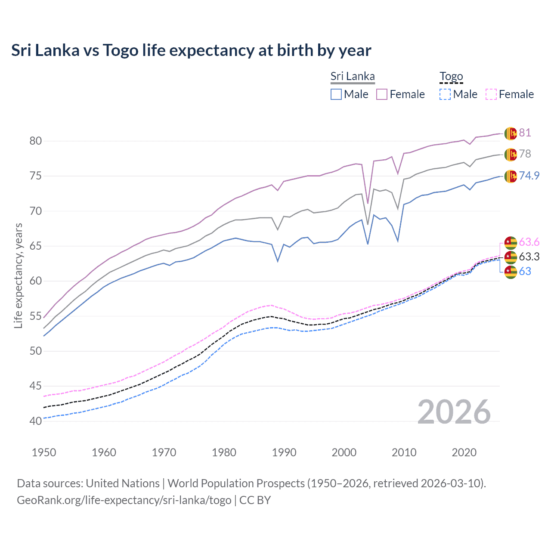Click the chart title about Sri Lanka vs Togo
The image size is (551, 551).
click(x=191, y=50)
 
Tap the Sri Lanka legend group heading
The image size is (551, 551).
click(x=353, y=76)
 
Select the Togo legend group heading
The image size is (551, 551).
click(x=451, y=76)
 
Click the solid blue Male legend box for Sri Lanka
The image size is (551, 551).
click(x=336, y=94)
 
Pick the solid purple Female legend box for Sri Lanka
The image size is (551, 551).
click(x=382, y=94)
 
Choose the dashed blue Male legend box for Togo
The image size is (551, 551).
click(x=445, y=94)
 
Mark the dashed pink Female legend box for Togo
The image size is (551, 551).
click(x=491, y=94)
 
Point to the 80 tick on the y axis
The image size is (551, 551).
click(x=35, y=141)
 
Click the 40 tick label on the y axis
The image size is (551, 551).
click(x=35, y=421)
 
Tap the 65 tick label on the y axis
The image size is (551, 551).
click(x=35, y=246)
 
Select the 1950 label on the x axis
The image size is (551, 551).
click(x=44, y=452)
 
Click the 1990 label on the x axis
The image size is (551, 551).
click(x=284, y=452)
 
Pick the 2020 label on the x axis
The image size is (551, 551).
click(x=464, y=452)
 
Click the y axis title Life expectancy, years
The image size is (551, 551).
click(x=18, y=275)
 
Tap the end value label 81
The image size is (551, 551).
click(x=525, y=133)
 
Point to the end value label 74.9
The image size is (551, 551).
click(x=529, y=176)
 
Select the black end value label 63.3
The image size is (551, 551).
click(x=529, y=257)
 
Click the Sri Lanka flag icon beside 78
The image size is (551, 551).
click(x=511, y=154)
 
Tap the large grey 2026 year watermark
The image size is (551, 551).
click(x=454, y=412)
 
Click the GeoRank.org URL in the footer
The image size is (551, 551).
click(x=124, y=500)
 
